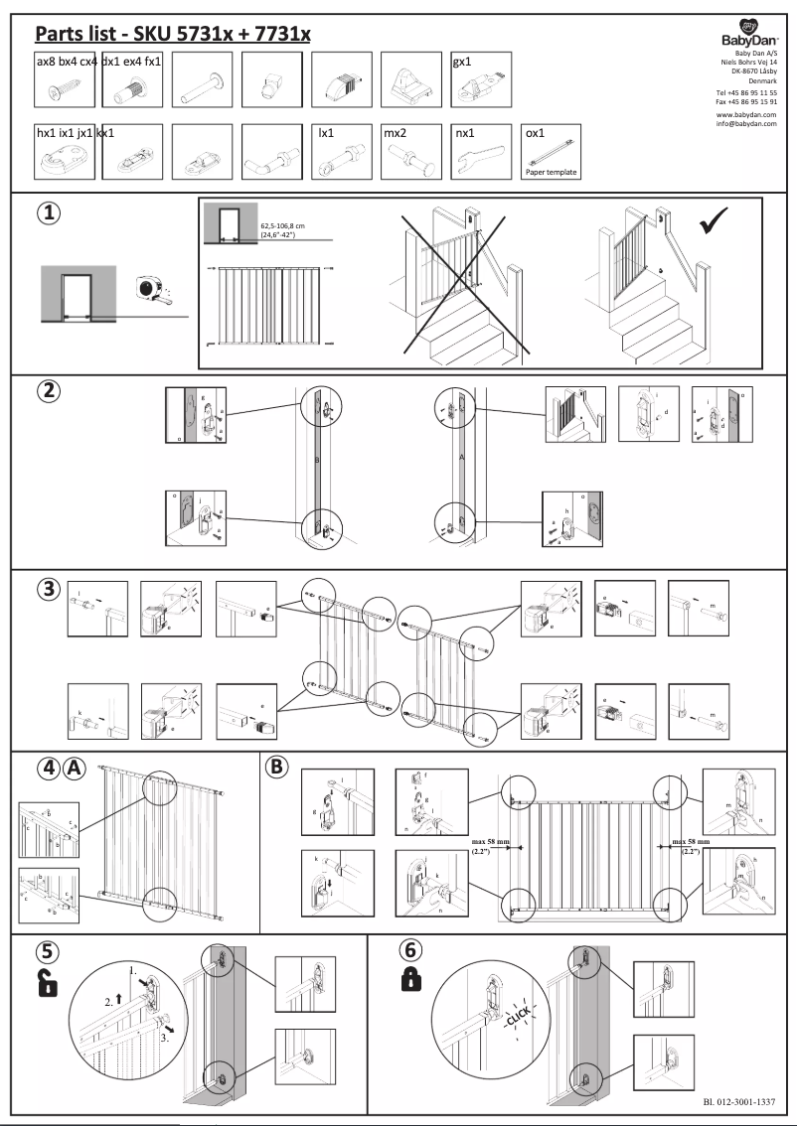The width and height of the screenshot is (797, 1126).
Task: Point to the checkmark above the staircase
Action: pos(713,223)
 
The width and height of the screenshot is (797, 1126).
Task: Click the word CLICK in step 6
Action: pos(518,1017)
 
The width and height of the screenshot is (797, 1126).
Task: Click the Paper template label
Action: pos(551,172)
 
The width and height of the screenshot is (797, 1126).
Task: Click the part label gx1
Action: pos(462,63)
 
